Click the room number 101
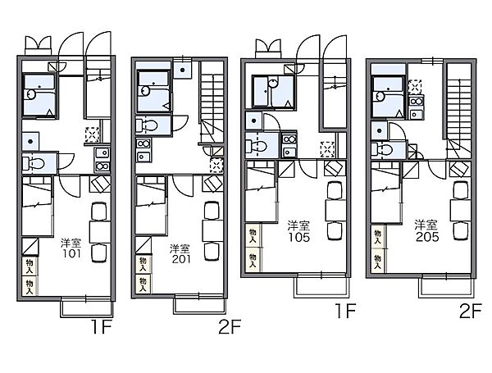pyautogui.click(x=72, y=253)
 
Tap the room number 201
pyautogui.click(x=181, y=259)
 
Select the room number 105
pyautogui.click(x=299, y=237)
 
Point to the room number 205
pyautogui.click(x=427, y=237)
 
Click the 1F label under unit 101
pyautogui.click(x=102, y=326)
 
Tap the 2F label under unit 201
pyautogui.click(x=230, y=326)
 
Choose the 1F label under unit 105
pyautogui.click(x=345, y=311)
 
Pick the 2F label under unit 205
pyautogui.click(x=470, y=311)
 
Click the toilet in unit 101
pyautogui.click(x=34, y=163)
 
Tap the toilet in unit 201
pyautogui.click(x=147, y=125)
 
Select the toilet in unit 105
pyautogui.click(x=256, y=146)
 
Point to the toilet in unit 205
pyautogui.click(x=381, y=149)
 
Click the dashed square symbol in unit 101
pyautogui.click(x=93, y=134)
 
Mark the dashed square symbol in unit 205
pyautogui.click(x=415, y=87)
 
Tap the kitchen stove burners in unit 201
pyautogui.click(x=143, y=143)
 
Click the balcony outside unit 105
pyautogui.click(x=321, y=287)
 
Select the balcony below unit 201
pyautogui.click(x=199, y=305)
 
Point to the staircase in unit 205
pyautogui.click(x=459, y=110)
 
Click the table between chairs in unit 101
pyautogui.click(x=100, y=231)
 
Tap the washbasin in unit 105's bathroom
pyautogui.click(x=273, y=84)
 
